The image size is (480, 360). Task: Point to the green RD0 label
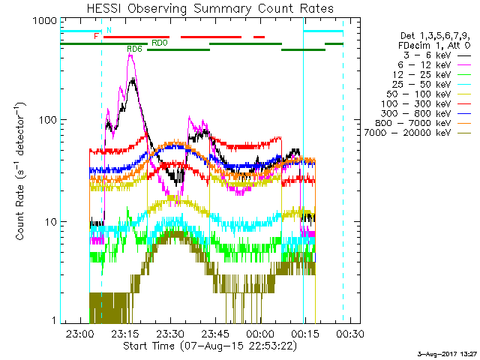click(x=160, y=43)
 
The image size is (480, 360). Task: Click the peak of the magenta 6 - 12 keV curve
click(x=132, y=55)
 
